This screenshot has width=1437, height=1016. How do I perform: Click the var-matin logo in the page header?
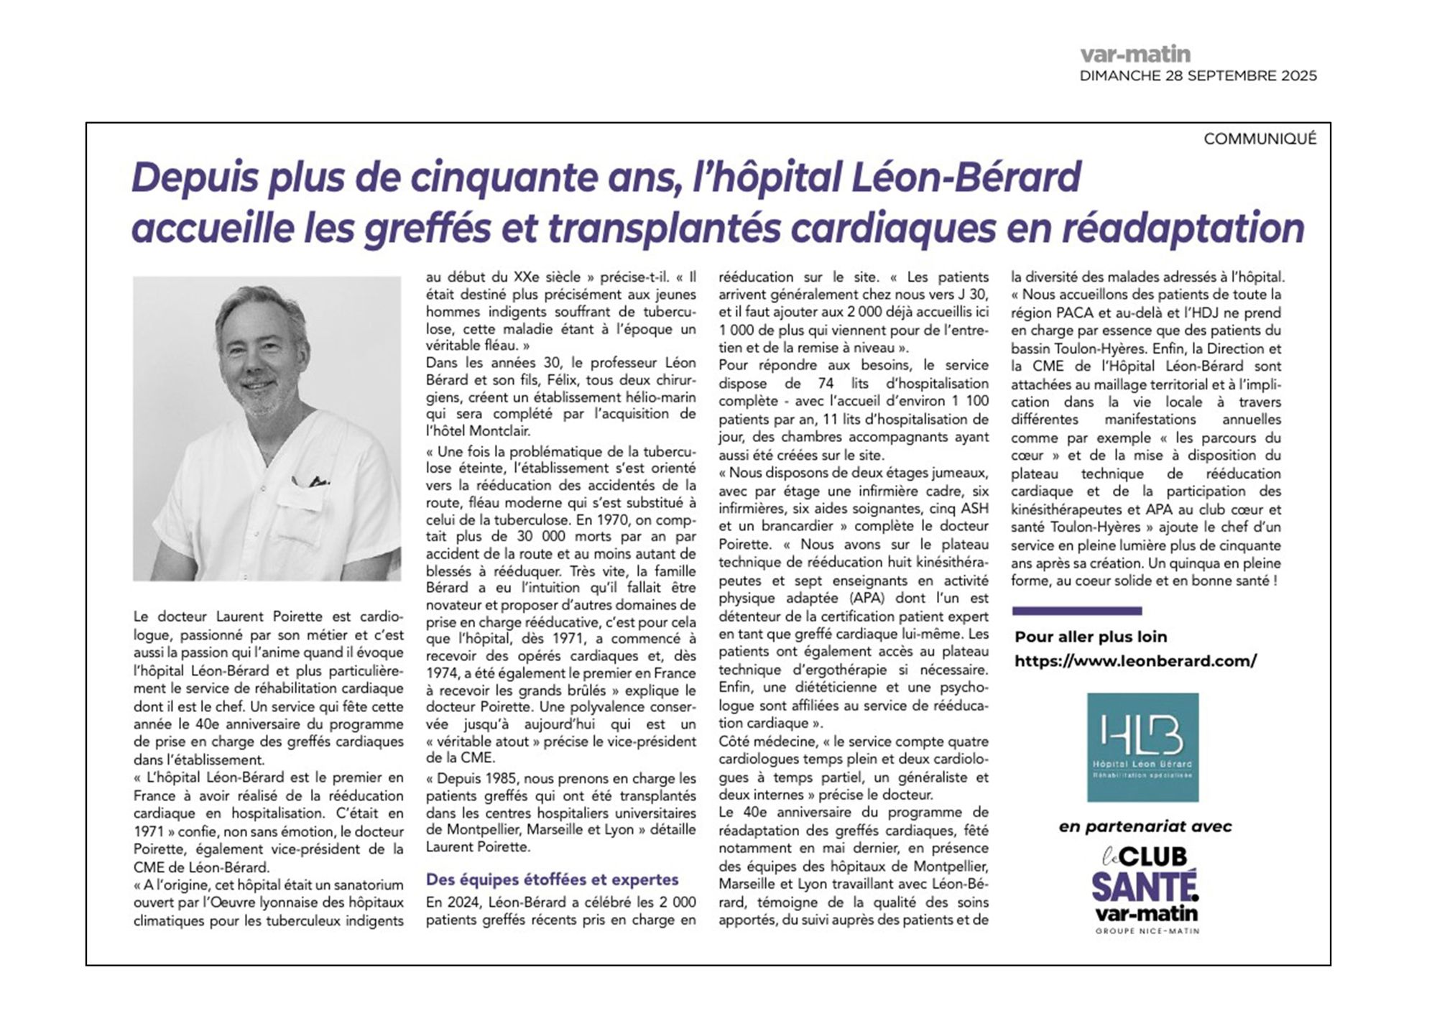pyautogui.click(x=1135, y=54)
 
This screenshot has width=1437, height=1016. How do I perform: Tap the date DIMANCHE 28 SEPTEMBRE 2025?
pyautogui.click(x=1198, y=75)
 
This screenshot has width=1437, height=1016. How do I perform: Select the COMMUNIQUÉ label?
pyautogui.click(x=1260, y=139)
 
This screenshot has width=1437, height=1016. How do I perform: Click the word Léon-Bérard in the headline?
pyautogui.click(x=966, y=177)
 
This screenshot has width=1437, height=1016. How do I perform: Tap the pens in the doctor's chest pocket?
pyautogui.click(x=310, y=481)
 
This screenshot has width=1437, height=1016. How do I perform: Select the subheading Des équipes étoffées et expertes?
pyautogui.click(x=552, y=879)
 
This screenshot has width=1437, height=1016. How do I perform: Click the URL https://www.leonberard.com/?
pyautogui.click(x=1135, y=661)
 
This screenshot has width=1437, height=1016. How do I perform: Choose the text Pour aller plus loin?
pyautogui.click(x=1090, y=637)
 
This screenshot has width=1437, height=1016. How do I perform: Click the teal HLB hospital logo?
pyautogui.click(x=1142, y=747)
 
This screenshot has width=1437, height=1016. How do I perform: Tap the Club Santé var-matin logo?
pyautogui.click(x=1145, y=888)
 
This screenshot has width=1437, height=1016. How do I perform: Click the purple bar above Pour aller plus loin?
pyautogui.click(x=1076, y=611)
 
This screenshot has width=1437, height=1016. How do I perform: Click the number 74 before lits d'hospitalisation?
pyautogui.click(x=826, y=384)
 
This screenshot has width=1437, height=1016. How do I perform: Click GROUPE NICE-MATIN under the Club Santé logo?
pyautogui.click(x=1147, y=931)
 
